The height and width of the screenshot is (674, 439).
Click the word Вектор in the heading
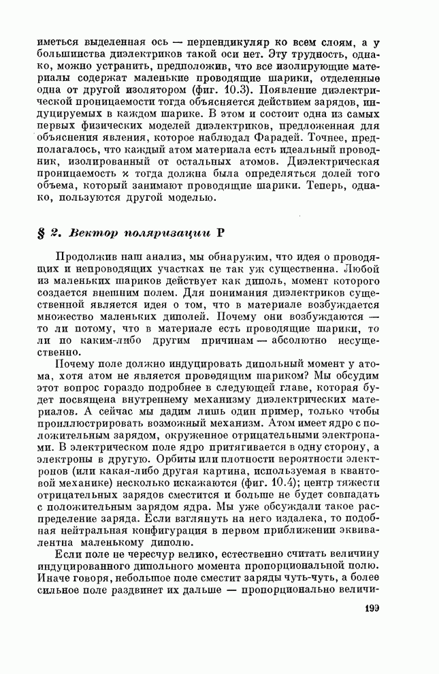90,231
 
